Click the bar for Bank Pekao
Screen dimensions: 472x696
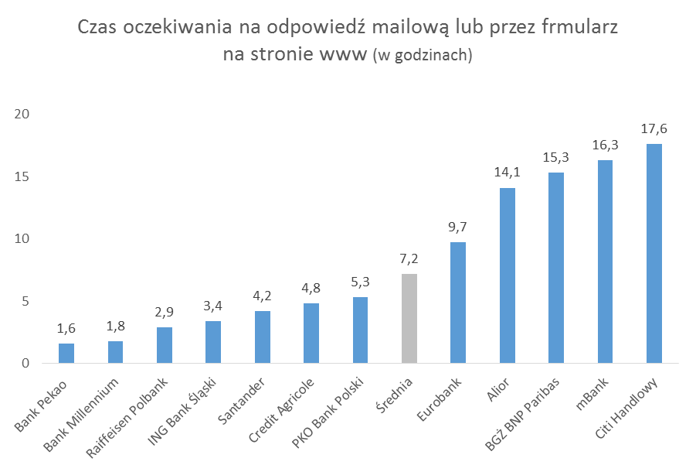pos(66,354)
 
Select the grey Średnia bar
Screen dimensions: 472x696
pos(409,319)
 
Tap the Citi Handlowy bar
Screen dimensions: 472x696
pos(654,254)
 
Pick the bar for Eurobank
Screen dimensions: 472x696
pos(458,303)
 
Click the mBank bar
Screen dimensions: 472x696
pos(605,262)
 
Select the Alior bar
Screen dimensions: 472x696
pos(508,275)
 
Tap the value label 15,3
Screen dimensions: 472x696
pos(556,157)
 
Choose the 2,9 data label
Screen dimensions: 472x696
pos(165,312)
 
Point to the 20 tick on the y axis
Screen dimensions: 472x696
pos(22,115)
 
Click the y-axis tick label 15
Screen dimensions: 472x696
pos(22,177)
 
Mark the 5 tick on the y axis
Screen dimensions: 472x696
pos(25,301)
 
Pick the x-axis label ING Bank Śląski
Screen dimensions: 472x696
pos(185,411)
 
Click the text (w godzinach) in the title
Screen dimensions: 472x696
pos(422,57)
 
